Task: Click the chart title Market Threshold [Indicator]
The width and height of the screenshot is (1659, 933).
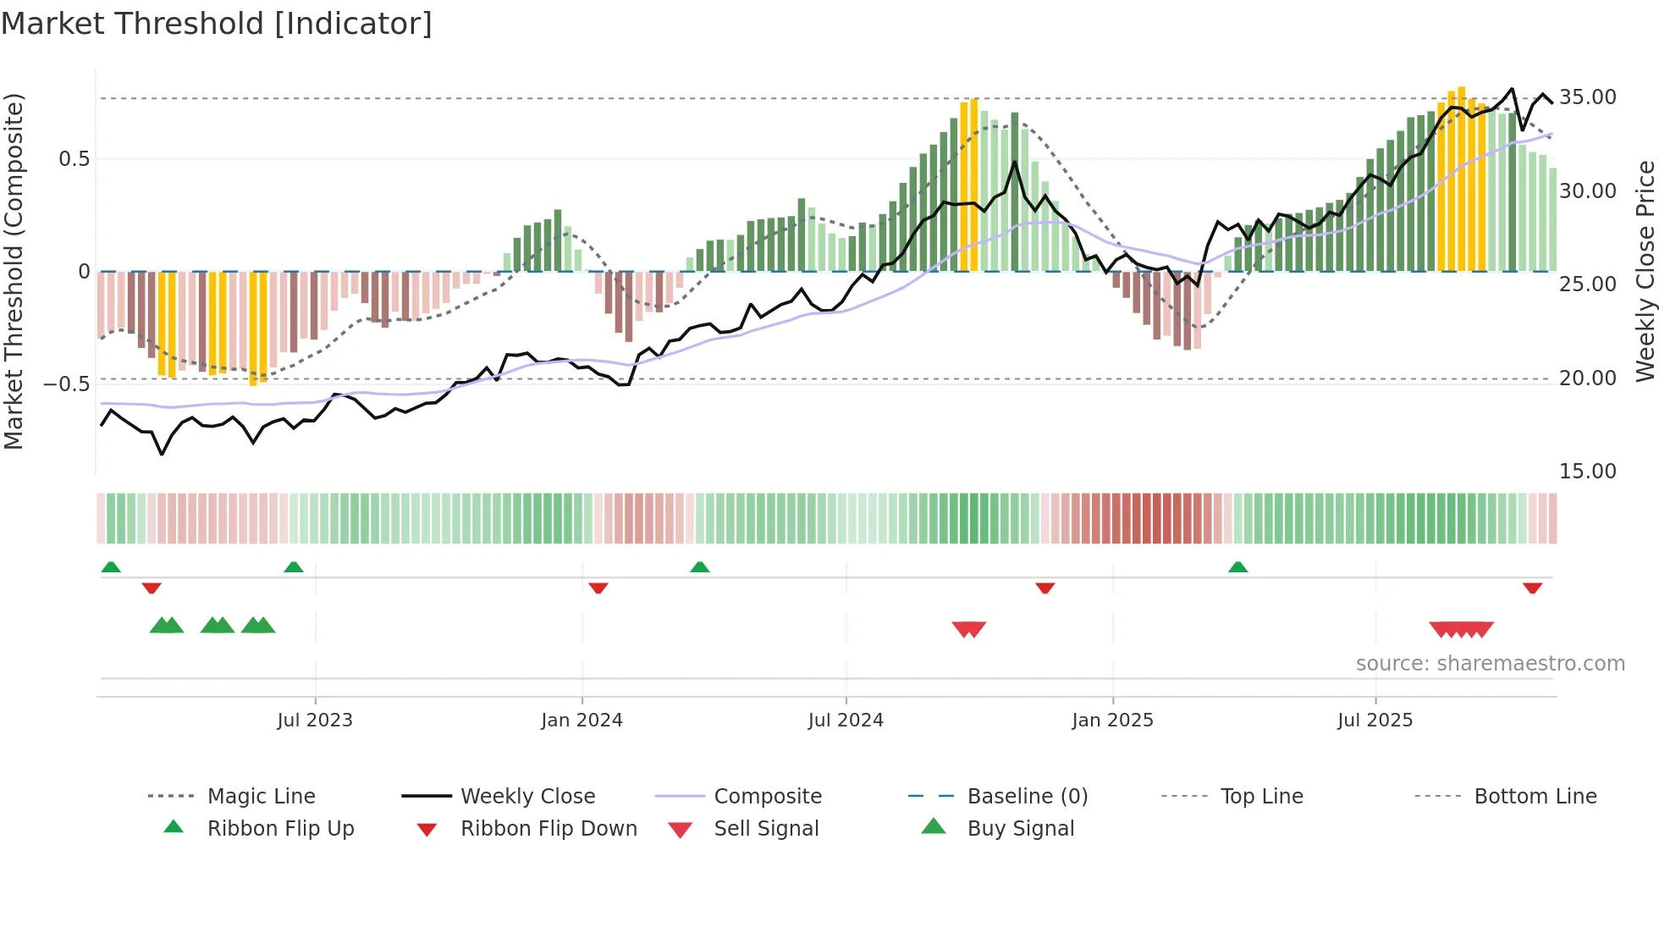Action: [x=217, y=24]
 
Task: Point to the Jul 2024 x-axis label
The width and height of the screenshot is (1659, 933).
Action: [x=846, y=720]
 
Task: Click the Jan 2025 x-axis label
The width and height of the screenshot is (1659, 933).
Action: [x=1112, y=720]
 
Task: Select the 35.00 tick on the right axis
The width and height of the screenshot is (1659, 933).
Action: [x=1587, y=97]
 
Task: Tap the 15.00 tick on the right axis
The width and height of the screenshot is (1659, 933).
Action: [x=1587, y=471]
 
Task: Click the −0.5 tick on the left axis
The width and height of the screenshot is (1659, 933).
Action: [x=67, y=384]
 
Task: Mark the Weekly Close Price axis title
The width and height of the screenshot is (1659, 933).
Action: [x=1644, y=271]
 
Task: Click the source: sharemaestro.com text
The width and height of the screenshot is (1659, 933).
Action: [x=1490, y=663]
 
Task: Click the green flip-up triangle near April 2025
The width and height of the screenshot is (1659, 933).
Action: [x=1237, y=566]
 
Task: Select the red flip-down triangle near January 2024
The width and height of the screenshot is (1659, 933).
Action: [x=598, y=588]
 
